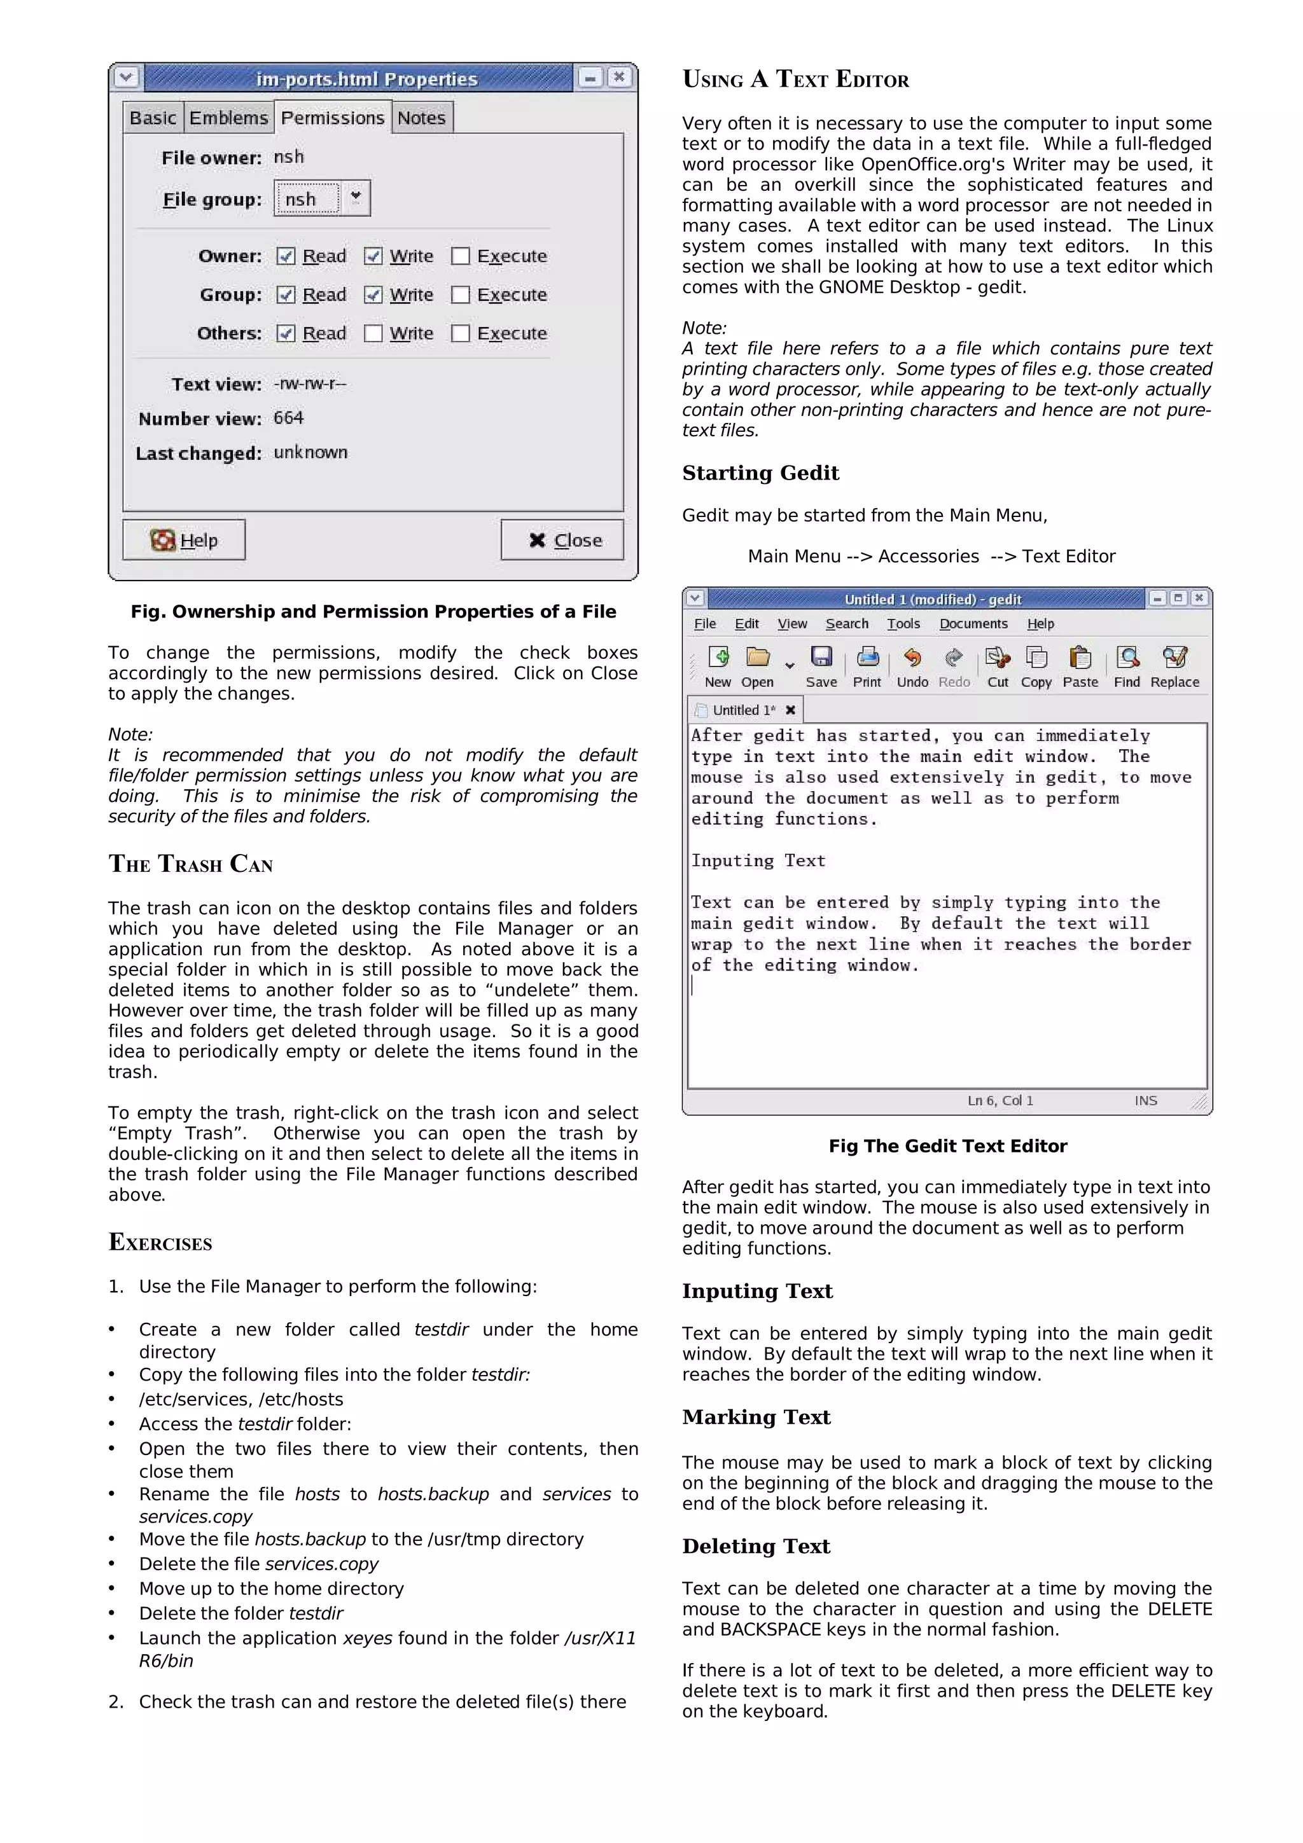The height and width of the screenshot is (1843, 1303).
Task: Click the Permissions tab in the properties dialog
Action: (332, 118)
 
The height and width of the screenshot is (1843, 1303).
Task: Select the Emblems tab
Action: (228, 118)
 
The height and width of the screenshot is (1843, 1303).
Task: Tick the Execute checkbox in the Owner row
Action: (460, 256)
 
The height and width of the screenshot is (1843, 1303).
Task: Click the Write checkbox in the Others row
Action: (373, 333)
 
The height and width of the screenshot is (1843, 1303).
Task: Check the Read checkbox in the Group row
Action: (286, 294)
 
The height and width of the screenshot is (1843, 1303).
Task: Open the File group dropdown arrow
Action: (356, 197)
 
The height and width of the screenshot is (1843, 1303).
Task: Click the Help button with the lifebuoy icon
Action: (184, 540)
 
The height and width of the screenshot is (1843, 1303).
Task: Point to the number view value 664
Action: (288, 417)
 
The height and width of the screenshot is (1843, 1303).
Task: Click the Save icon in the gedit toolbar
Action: (821, 658)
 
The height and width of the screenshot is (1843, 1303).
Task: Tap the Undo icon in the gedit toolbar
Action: (912, 658)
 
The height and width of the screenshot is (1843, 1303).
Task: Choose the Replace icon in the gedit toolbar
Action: (1174, 658)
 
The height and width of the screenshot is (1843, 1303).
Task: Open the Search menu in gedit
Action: (846, 624)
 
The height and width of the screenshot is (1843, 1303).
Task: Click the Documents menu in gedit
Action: (973, 624)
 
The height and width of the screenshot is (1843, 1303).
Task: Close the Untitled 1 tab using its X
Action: (790, 710)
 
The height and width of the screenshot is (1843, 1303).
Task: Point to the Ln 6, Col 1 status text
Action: (1000, 1100)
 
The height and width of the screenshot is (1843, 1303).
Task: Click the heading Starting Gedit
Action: (760, 473)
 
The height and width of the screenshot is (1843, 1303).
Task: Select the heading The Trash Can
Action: (190, 864)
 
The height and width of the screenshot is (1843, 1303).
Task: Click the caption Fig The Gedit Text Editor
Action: (947, 1146)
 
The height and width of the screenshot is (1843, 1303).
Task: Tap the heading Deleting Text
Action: (755, 1546)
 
